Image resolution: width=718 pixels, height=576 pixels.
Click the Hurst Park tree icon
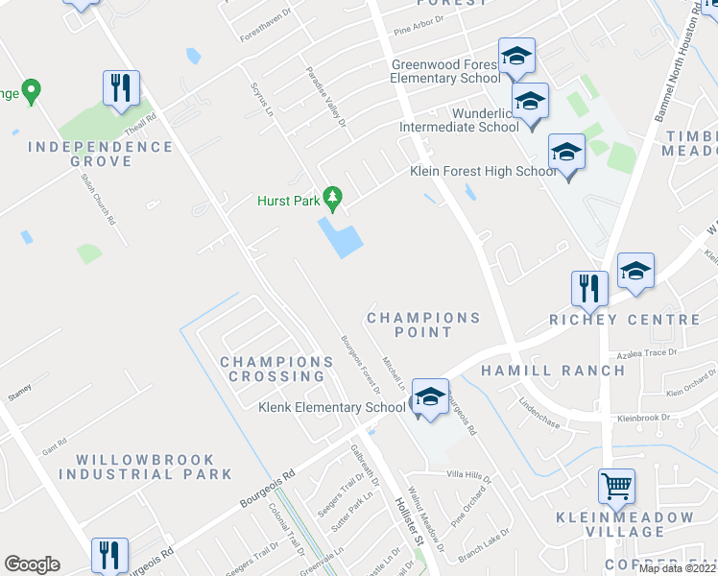(333, 199)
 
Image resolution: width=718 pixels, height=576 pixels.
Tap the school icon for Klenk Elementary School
(430, 396)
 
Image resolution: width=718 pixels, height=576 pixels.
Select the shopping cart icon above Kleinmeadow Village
(616, 485)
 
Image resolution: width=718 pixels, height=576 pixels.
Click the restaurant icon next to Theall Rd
(121, 87)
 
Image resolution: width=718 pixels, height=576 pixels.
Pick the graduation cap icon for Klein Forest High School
(566, 153)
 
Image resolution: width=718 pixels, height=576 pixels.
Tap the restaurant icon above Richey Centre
(589, 287)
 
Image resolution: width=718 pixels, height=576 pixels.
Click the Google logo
(32, 564)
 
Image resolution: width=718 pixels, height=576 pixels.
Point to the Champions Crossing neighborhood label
(276, 370)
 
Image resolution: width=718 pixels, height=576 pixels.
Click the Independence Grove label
(101, 155)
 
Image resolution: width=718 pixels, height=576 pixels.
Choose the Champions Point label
(423, 324)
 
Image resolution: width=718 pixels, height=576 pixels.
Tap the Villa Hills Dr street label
(468, 476)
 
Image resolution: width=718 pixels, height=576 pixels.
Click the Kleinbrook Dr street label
(644, 419)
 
